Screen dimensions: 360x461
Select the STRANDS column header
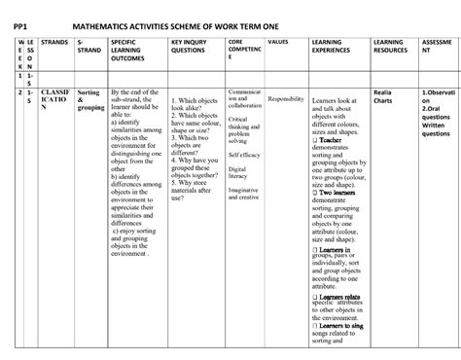point(53,46)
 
